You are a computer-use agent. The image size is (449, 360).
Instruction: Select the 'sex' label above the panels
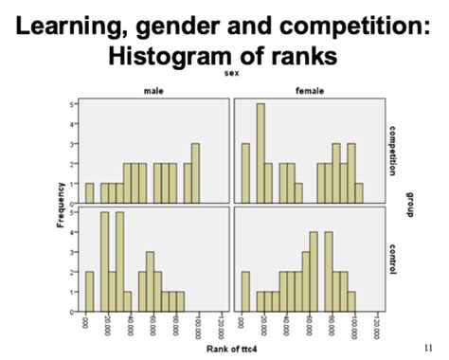(230, 73)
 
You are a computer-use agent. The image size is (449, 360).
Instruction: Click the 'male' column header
(153, 90)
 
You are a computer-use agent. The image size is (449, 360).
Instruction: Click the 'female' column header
(305, 90)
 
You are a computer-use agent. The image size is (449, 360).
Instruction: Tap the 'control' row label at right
(390, 259)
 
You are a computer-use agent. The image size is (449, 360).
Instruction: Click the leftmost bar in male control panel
(90, 292)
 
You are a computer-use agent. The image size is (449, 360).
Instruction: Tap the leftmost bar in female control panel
(245, 292)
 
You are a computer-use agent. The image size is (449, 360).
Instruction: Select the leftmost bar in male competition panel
(90, 193)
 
